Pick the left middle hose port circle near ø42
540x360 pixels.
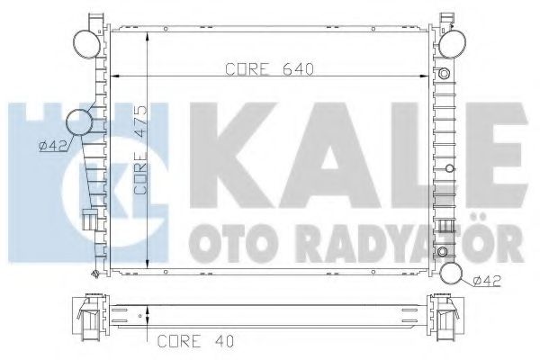click(82, 122)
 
